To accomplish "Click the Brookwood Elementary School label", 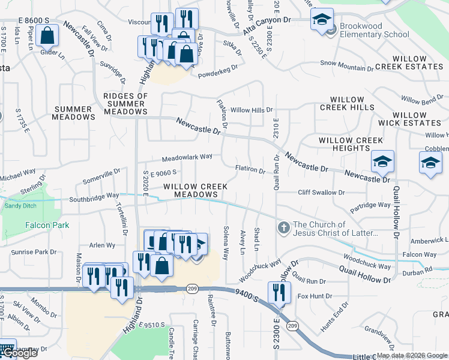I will (374, 30).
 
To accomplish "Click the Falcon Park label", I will (47, 225).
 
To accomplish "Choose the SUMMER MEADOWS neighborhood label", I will (74, 113).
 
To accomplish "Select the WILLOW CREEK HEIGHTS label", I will (351, 144).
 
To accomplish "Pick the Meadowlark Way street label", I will (187, 157).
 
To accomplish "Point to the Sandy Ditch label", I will (20, 205).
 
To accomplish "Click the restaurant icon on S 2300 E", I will (280, 293).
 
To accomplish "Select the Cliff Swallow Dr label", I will (322, 193).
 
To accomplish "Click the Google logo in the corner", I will (19, 353).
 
